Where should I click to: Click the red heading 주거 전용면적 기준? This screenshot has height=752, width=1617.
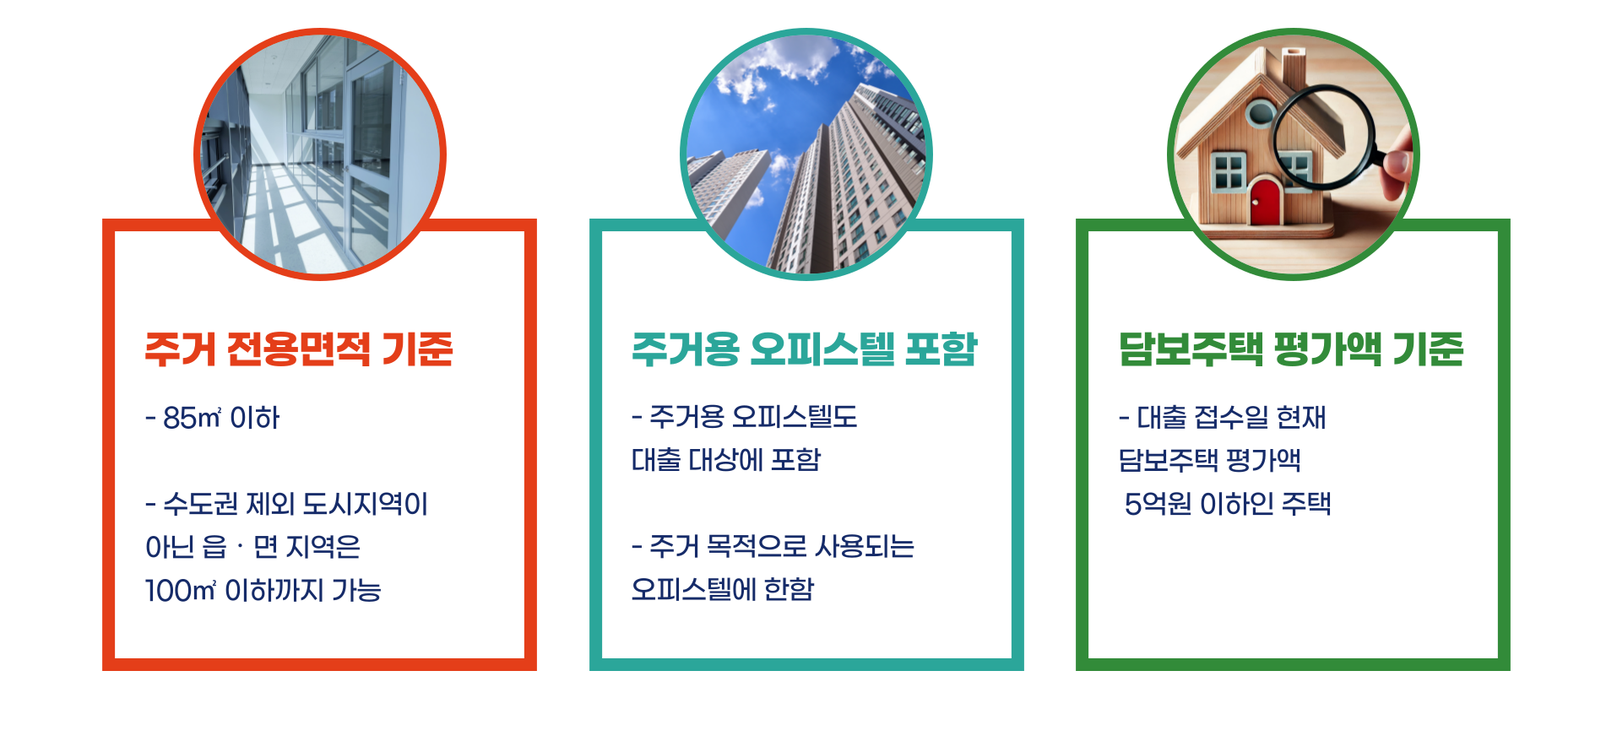point(299,349)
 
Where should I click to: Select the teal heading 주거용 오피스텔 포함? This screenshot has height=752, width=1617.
point(804,349)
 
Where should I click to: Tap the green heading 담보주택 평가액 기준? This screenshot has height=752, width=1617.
point(1290,349)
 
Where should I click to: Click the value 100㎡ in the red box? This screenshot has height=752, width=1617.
point(181,590)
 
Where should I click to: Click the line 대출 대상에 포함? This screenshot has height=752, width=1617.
point(726,460)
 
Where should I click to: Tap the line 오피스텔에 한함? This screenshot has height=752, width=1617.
point(723,589)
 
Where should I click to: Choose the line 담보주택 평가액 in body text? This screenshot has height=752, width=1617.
point(1209,460)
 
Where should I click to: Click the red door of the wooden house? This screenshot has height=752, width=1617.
point(1265,202)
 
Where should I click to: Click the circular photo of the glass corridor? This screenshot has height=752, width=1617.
point(319,154)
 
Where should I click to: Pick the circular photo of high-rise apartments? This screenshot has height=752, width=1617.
point(806,154)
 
